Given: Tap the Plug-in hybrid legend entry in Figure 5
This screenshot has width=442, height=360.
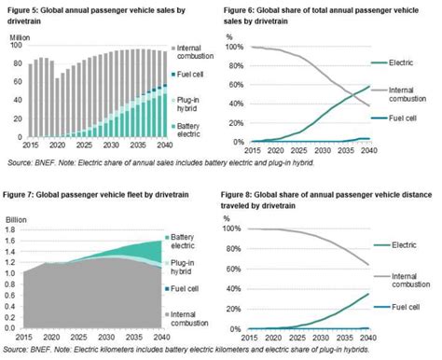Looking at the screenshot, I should point(192,104).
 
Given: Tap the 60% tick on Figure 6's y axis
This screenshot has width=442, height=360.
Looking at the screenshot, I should point(231,84).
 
